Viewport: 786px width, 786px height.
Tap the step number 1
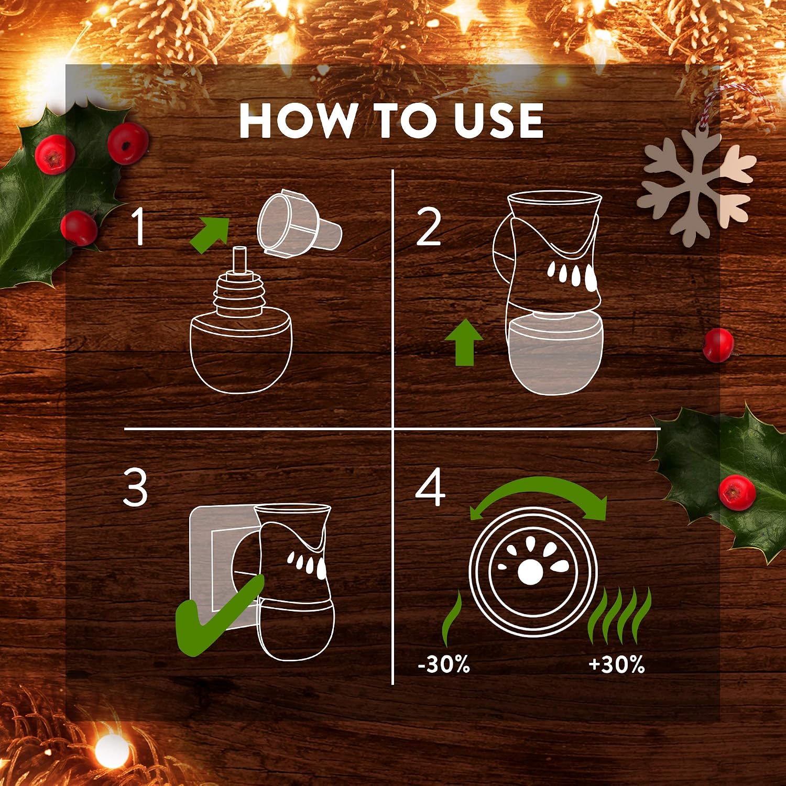coord(138,226)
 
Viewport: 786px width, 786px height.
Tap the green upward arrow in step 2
coord(464,343)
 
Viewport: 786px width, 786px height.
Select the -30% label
coord(444,664)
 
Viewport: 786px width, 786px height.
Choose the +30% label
coord(617,664)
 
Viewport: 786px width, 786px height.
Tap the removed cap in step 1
coord(299,223)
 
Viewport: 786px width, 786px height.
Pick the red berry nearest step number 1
coord(79,228)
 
